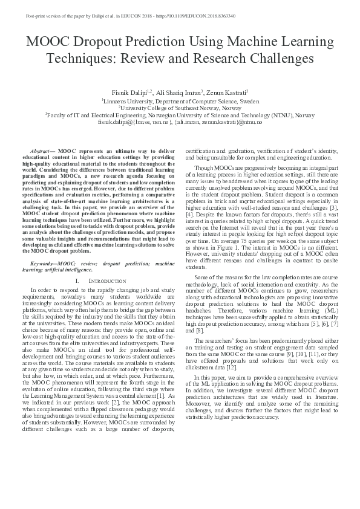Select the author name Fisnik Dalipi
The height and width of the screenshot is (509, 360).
(131, 92)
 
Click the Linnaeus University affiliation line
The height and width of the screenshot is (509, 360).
(180, 101)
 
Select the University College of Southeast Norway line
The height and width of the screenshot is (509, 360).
(180, 108)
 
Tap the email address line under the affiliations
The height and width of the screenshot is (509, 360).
(180, 122)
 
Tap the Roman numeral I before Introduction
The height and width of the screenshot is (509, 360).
(77, 281)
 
